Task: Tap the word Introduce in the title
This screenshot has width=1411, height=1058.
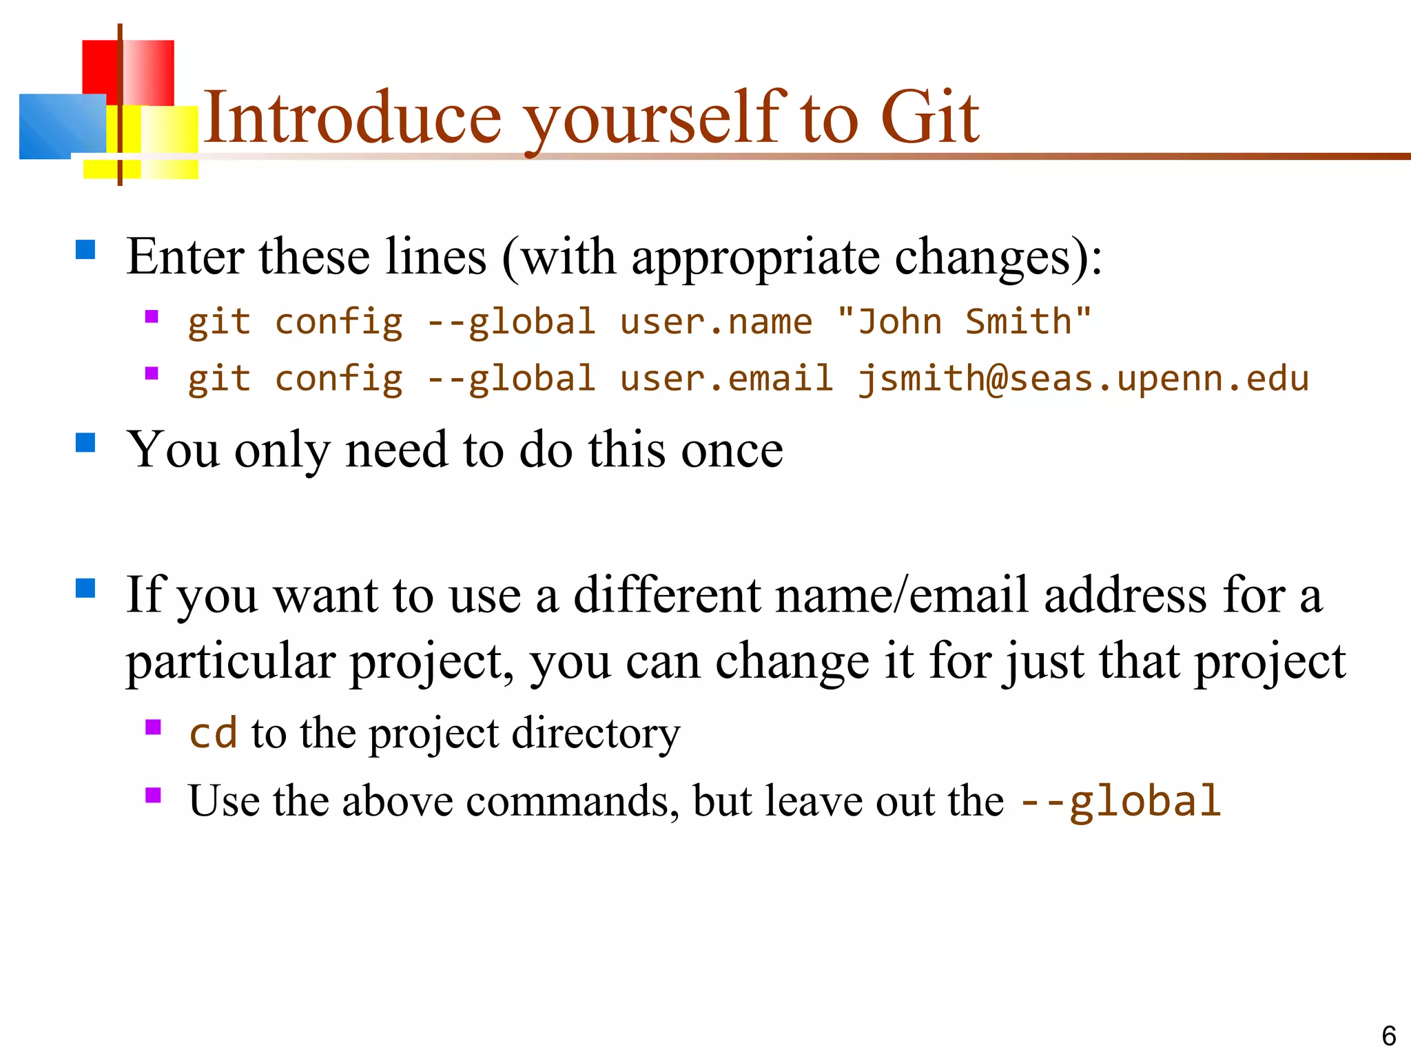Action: pyautogui.click(x=352, y=118)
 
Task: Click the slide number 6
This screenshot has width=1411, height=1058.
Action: pyautogui.click(x=1388, y=1036)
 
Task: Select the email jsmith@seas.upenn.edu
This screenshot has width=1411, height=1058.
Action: pyautogui.click(x=1082, y=379)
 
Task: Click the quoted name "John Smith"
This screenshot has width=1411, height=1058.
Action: pyautogui.click(x=964, y=322)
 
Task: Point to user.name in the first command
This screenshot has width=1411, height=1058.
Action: pyautogui.click(x=716, y=322)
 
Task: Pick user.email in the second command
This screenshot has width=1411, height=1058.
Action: pyautogui.click(x=726, y=379)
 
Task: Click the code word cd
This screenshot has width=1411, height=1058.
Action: pyautogui.click(x=213, y=733)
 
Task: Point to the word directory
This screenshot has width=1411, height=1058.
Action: pyautogui.click(x=595, y=733)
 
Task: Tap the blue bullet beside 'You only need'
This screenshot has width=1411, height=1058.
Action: pyautogui.click(x=85, y=442)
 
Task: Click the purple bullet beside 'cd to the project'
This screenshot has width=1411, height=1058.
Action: pyautogui.click(x=153, y=727)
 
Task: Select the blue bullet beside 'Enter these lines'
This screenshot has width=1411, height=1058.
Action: pyautogui.click(x=85, y=249)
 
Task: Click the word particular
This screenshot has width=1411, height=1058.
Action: pyautogui.click(x=230, y=662)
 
